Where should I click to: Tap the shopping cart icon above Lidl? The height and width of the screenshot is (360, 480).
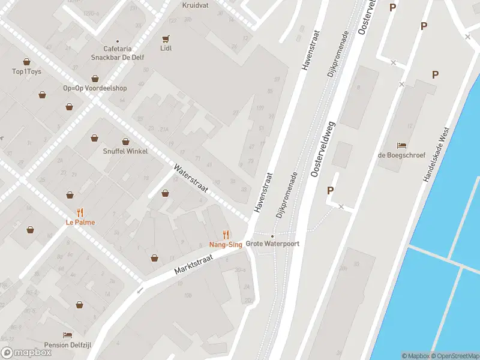pyautogui.click(x=166, y=37)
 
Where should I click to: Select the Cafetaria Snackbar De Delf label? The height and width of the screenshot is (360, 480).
pyautogui.click(x=117, y=53)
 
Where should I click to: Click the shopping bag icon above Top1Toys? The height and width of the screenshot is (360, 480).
pyautogui.click(x=26, y=61)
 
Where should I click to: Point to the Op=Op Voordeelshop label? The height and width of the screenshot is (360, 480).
pyautogui.click(x=95, y=88)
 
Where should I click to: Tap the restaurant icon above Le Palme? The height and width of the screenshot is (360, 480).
pyautogui.click(x=80, y=212)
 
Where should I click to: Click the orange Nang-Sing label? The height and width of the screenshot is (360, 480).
pyautogui.click(x=226, y=244)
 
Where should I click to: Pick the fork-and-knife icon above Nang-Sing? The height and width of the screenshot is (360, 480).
pyautogui.click(x=226, y=234)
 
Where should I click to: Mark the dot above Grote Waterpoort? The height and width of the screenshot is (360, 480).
pyautogui.click(x=272, y=236)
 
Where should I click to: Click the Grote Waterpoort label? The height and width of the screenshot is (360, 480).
pyautogui.click(x=272, y=244)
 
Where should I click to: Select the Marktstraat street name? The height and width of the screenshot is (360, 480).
pyautogui.click(x=194, y=262)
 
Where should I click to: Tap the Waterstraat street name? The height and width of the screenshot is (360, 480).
pyautogui.click(x=191, y=178)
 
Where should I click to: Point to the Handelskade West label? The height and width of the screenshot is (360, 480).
pyautogui.click(x=436, y=158)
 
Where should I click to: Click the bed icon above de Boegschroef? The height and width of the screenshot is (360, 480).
pyautogui.click(x=401, y=145)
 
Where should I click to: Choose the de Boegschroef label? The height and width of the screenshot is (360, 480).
pyautogui.click(x=401, y=155)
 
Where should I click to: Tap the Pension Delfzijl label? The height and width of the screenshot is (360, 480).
pyautogui.click(x=68, y=345)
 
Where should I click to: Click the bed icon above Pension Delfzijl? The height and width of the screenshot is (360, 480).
pyautogui.click(x=68, y=335)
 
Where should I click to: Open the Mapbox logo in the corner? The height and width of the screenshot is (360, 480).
pyautogui.click(x=26, y=352)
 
